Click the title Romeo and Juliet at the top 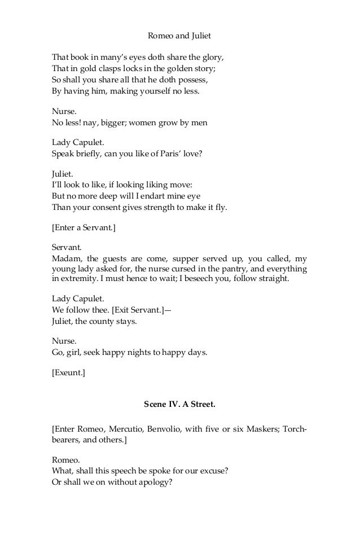tap(179, 36)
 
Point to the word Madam tap(65, 259)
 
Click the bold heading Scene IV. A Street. tap(179, 405)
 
